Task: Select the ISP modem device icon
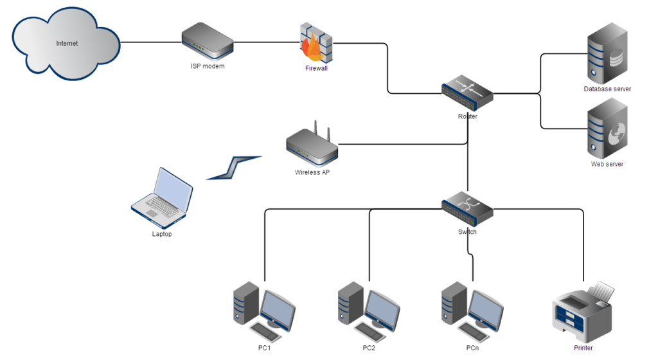(x=207, y=42)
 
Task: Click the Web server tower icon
(x=607, y=132)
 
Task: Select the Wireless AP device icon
(x=312, y=147)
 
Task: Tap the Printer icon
(x=583, y=313)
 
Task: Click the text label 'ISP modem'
(x=208, y=66)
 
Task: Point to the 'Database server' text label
(x=607, y=89)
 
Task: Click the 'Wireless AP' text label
(x=312, y=172)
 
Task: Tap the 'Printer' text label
(x=583, y=348)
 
